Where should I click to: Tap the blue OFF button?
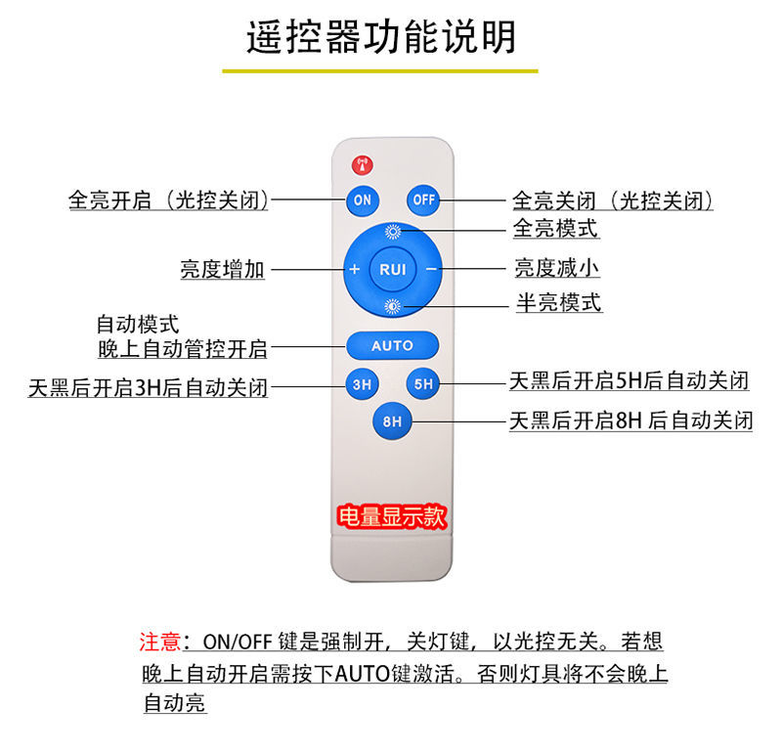click(423, 199)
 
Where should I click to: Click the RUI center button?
click(393, 269)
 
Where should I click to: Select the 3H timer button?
click(362, 384)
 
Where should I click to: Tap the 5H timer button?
click(423, 384)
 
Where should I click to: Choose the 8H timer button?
click(392, 421)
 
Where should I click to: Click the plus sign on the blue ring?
click(355, 269)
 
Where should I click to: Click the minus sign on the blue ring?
click(430, 269)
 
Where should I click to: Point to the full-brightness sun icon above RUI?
click(393, 232)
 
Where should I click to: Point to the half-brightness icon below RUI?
click(393, 306)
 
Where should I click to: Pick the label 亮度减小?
click(557, 267)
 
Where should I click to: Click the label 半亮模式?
click(558, 302)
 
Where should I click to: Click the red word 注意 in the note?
click(160, 642)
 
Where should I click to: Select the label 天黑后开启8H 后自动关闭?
click(631, 421)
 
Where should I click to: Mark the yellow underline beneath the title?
click(380, 70)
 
